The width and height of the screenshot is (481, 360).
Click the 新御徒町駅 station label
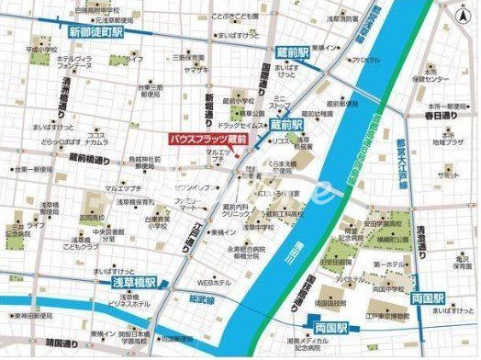coord(96,31)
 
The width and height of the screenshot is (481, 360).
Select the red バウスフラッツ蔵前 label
coord(208,138)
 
